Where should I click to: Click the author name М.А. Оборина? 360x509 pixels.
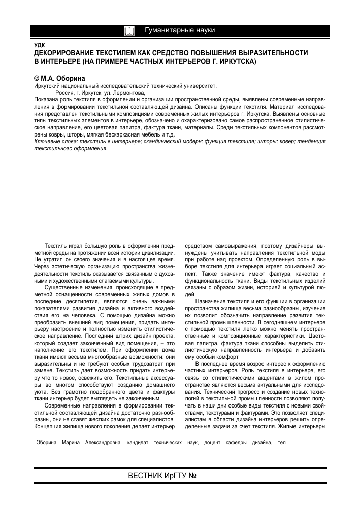pos(61,79)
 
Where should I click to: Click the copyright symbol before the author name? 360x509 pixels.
pos(36,79)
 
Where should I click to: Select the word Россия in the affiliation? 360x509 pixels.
pos(66,93)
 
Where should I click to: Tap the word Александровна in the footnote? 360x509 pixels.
pos(100,443)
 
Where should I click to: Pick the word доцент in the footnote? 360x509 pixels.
pos(212,443)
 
